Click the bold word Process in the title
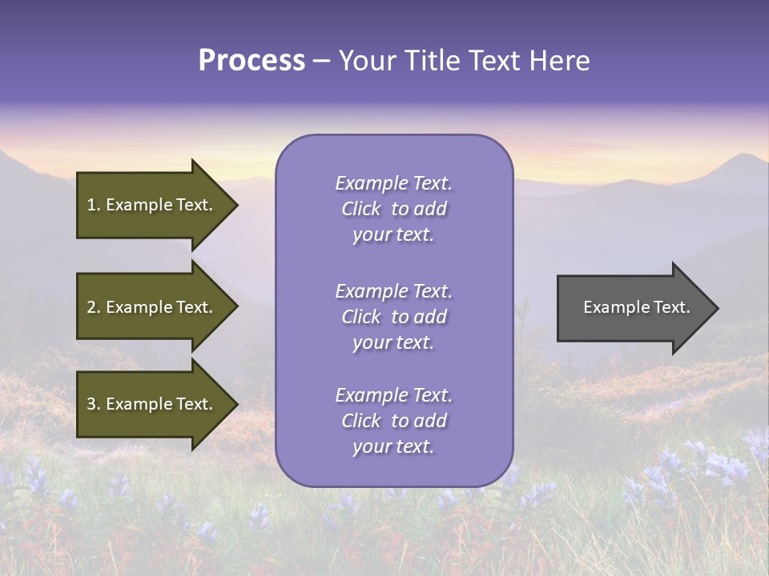tap(252, 61)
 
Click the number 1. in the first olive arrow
tap(94, 205)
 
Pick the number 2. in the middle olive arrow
tap(94, 307)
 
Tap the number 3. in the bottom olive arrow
tap(94, 404)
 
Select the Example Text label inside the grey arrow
tap(636, 307)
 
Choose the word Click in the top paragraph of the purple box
tap(360, 210)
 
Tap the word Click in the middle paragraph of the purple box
tap(360, 318)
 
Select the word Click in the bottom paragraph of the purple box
tap(360, 421)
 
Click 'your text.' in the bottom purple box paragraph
tap(393, 446)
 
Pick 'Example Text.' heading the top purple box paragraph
tap(393, 183)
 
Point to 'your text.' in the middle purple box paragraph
tap(393, 342)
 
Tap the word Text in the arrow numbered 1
tap(194, 205)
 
